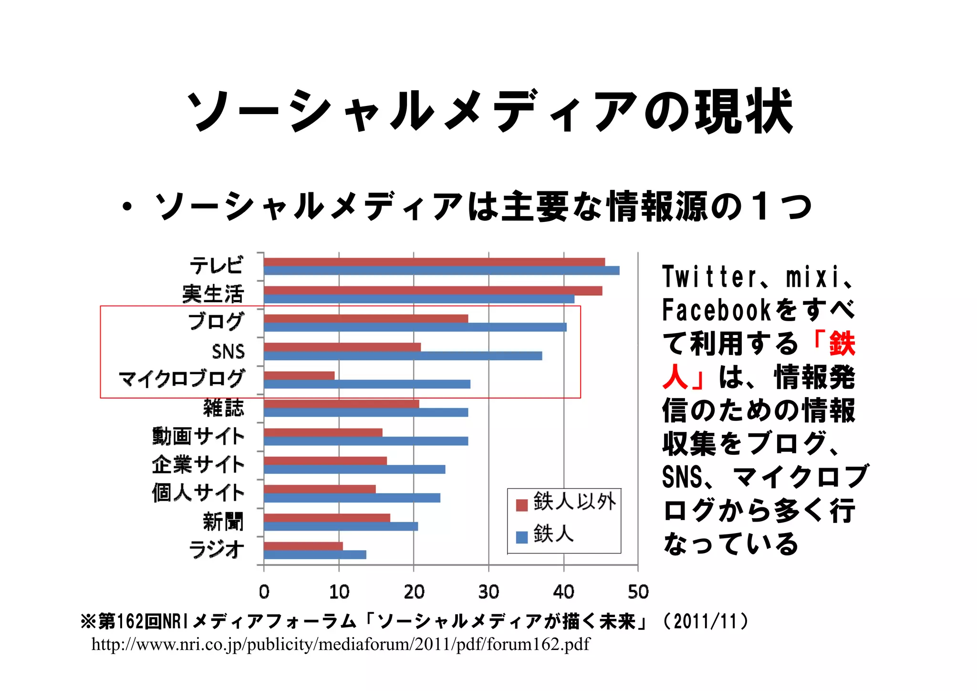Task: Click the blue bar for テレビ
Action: (x=441, y=271)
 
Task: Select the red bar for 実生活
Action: (x=433, y=291)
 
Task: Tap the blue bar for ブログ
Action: (x=415, y=327)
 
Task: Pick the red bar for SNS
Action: (x=342, y=347)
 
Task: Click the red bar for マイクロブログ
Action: (x=299, y=376)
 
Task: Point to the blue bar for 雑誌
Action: (x=366, y=412)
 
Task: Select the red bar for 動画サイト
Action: (x=323, y=432)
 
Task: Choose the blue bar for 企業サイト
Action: (x=354, y=470)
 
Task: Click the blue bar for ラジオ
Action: (x=315, y=555)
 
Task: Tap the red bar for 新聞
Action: (x=327, y=518)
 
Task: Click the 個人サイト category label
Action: (x=198, y=492)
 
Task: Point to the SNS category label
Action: (x=228, y=352)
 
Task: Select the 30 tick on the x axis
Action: (x=488, y=592)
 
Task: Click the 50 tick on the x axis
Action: (x=638, y=592)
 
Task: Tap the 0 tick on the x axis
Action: (x=264, y=592)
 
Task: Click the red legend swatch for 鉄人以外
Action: (x=522, y=505)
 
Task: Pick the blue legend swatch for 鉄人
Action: (x=522, y=537)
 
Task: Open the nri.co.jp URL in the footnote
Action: (x=341, y=644)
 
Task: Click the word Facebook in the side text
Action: (x=716, y=310)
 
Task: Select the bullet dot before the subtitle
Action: (x=126, y=207)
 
